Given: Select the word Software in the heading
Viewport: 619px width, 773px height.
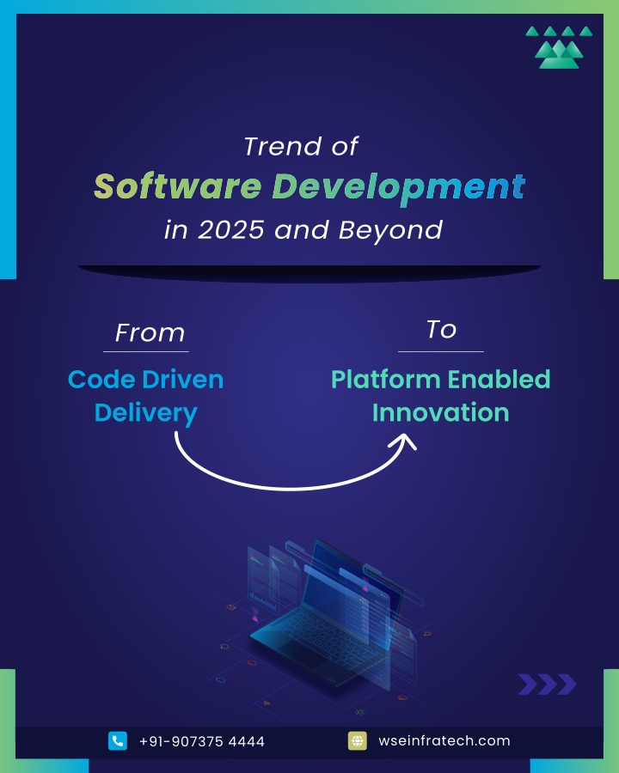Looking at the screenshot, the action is point(178,186).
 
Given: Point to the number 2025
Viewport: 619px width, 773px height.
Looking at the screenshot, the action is point(231,229).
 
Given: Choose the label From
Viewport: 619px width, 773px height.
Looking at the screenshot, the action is point(150,332).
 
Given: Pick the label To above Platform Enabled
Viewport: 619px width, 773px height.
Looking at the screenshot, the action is point(441,329).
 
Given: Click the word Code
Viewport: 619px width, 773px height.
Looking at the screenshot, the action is point(101,380).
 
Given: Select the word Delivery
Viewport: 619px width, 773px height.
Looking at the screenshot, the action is point(145,414).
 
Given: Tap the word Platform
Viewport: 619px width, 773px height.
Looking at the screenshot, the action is point(385,380).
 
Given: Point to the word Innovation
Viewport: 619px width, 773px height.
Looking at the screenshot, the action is point(440,412).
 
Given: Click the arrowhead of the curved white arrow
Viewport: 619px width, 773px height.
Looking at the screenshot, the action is point(405,439).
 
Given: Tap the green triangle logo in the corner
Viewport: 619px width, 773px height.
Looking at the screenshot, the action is point(559,47).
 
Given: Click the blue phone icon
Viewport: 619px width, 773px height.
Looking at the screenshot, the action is point(118,740).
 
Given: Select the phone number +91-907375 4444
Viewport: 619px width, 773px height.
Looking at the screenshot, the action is point(202,741).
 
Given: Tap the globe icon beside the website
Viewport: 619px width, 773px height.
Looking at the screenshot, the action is point(358,740).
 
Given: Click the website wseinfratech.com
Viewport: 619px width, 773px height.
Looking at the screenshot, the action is point(444,740).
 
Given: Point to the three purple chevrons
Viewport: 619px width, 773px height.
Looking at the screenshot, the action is point(547,685).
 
